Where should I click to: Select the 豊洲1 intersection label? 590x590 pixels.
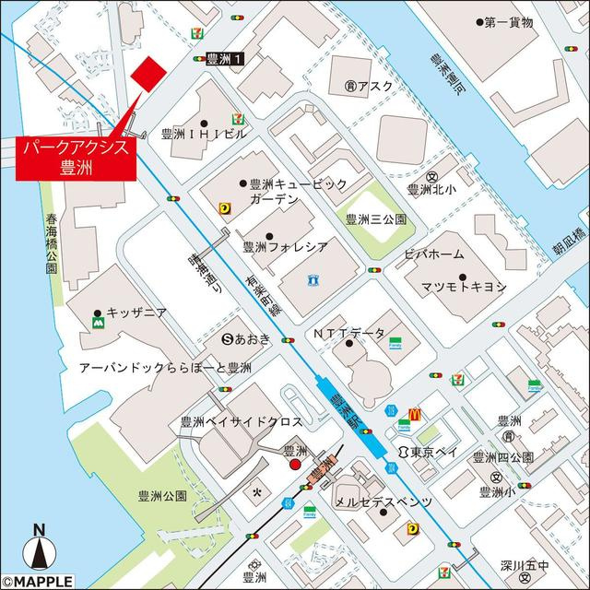click(227, 58)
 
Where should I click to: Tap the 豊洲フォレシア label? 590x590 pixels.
click(285, 246)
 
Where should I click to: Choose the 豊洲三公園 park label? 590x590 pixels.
click(375, 218)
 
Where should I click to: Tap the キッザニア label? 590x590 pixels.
click(136, 313)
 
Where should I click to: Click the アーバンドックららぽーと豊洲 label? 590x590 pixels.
click(166, 366)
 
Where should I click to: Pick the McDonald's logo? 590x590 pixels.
click(414, 415)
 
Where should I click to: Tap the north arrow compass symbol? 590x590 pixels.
click(39, 550)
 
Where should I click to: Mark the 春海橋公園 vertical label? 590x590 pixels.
click(52, 244)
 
